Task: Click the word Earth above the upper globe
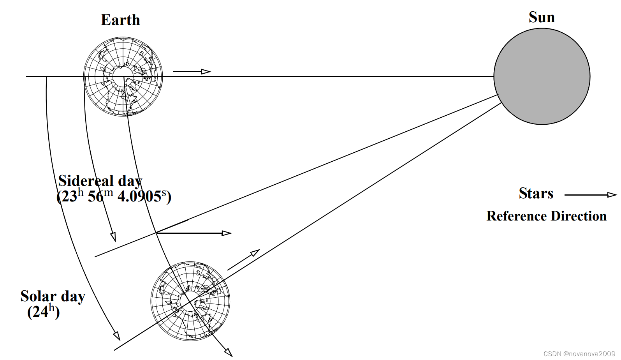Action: click(x=120, y=20)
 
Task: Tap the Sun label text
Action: click(x=542, y=17)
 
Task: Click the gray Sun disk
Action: click(x=542, y=76)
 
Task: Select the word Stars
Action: click(x=536, y=193)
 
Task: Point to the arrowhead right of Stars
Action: click(x=612, y=195)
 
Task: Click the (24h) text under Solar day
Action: click(x=43, y=312)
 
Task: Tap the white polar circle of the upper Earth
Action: click(x=123, y=76)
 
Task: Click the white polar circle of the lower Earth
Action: click(x=190, y=301)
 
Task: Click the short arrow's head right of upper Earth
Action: click(x=206, y=71)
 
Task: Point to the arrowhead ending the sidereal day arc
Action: click(x=113, y=237)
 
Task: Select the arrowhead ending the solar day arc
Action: click(x=117, y=336)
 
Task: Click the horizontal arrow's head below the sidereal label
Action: click(x=226, y=233)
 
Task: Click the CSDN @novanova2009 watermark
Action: click(x=579, y=354)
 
